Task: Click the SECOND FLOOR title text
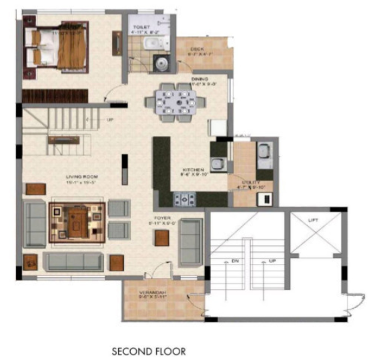(148, 351)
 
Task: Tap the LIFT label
(312, 219)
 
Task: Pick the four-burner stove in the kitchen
(185, 198)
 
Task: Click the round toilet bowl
(161, 63)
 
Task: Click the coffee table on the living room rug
(77, 221)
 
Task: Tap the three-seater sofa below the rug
(73, 259)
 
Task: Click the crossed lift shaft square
(313, 234)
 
